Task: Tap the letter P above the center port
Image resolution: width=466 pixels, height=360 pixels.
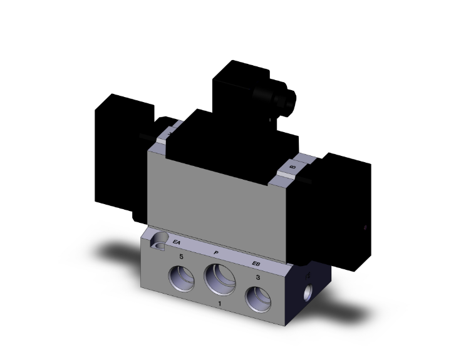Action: click(x=215, y=252)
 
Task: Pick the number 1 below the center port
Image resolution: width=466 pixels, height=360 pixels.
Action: click(x=219, y=304)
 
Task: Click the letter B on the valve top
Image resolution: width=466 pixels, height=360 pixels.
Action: click(x=293, y=167)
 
